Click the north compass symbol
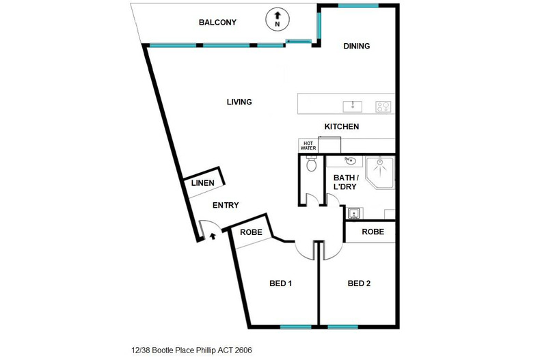click(x=277, y=19)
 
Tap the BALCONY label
click(x=217, y=23)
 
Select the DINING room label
click(x=356, y=46)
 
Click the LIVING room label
click(x=239, y=102)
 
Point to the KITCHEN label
click(x=341, y=127)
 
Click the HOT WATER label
click(x=308, y=146)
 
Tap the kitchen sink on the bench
click(x=352, y=106)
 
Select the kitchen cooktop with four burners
click(x=383, y=106)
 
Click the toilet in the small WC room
click(x=312, y=165)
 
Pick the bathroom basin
click(x=351, y=162)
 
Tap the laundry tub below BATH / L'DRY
click(x=354, y=213)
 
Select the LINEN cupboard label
click(x=203, y=183)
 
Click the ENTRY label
click(x=226, y=206)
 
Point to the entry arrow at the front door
click(x=212, y=236)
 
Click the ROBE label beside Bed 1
click(x=250, y=232)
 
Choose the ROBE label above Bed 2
click(x=373, y=232)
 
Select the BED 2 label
click(x=359, y=283)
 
